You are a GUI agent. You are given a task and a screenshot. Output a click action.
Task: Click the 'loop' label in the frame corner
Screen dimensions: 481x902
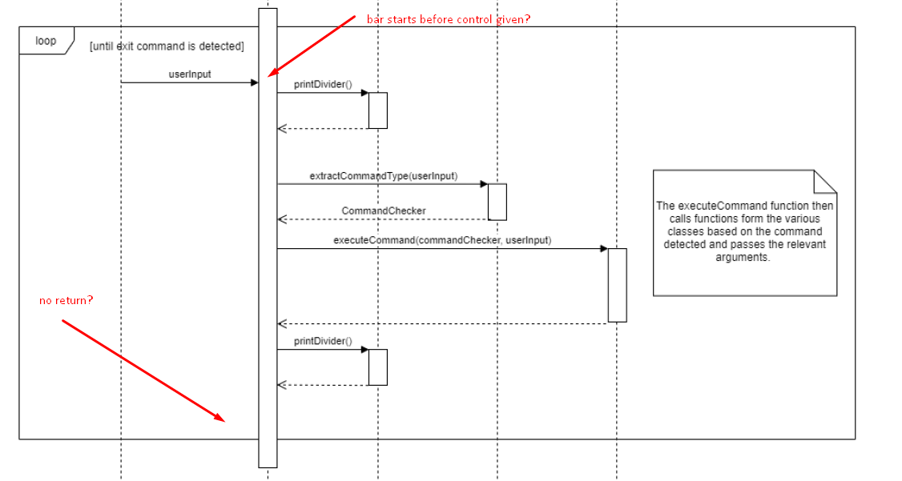[x=46, y=41]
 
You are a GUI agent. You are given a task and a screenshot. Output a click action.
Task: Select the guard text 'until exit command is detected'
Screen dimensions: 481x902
[x=167, y=46]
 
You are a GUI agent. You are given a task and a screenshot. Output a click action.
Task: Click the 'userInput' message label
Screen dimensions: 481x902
[x=190, y=74]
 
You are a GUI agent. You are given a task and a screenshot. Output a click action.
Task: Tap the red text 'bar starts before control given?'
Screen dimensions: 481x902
[x=448, y=19]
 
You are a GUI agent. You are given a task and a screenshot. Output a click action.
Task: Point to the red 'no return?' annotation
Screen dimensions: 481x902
[x=66, y=300]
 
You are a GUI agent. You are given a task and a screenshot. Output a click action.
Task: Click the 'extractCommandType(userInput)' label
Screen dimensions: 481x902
[x=383, y=175]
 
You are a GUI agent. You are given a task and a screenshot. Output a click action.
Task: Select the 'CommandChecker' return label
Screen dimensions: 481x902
[x=383, y=210]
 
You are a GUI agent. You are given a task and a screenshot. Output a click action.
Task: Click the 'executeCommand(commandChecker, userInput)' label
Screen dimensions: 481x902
[x=442, y=239]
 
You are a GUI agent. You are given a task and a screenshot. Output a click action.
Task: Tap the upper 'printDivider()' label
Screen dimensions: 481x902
[x=323, y=84]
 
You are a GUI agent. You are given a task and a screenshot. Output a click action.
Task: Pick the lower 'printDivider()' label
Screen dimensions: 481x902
[x=323, y=341]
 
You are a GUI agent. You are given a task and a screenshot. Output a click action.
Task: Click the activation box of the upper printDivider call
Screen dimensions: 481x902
[x=378, y=110]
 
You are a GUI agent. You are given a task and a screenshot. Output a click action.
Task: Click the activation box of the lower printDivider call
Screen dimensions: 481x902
[x=378, y=367]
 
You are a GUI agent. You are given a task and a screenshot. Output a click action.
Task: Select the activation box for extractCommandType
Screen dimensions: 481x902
[x=497, y=202]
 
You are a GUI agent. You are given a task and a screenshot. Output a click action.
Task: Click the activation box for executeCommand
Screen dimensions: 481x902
[x=617, y=285]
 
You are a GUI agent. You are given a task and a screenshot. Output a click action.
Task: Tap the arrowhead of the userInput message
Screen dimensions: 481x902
[x=254, y=82]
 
